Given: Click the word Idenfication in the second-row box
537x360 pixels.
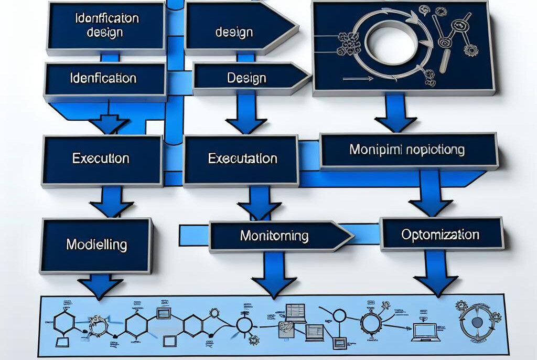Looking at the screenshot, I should (103, 79).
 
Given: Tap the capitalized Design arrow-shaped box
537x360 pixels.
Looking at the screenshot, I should (246, 79).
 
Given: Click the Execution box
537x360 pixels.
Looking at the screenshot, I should (101, 158).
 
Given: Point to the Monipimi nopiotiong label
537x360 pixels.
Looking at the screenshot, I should (407, 150).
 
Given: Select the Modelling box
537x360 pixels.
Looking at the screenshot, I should (96, 245).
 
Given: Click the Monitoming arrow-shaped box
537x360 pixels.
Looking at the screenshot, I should (274, 236).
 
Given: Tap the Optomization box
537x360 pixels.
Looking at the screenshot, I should (441, 235).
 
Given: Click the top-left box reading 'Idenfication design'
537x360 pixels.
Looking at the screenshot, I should (106, 25).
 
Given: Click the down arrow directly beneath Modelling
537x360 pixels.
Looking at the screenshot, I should (100, 286).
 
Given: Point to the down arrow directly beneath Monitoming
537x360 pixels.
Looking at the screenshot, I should (274, 276).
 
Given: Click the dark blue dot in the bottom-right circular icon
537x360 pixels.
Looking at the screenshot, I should (477, 322).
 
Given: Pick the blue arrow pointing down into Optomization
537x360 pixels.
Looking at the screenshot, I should (430, 195).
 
